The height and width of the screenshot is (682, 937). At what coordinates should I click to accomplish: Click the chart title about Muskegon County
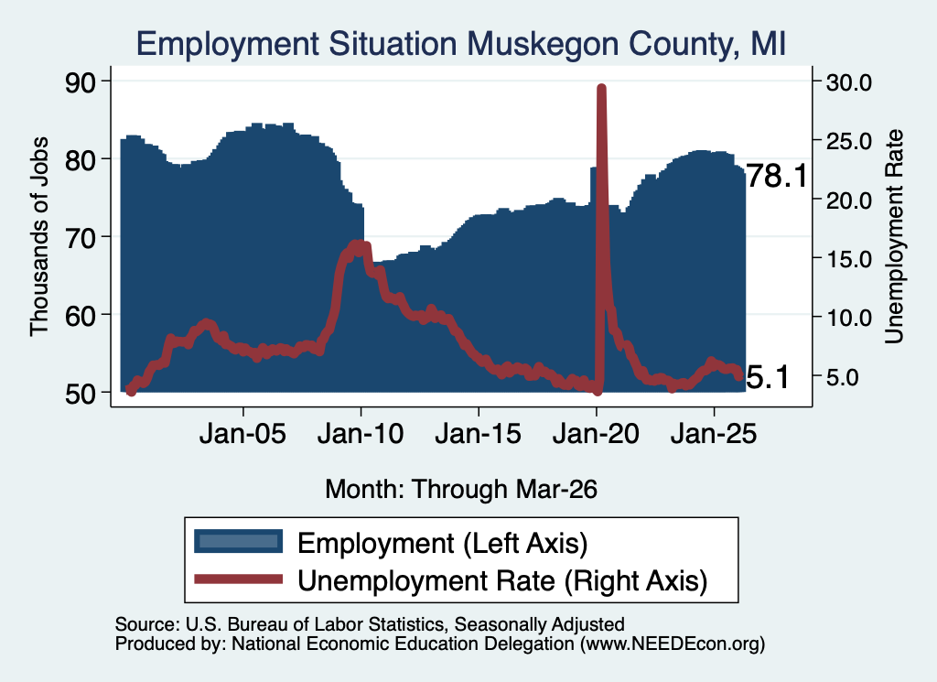[x=461, y=44]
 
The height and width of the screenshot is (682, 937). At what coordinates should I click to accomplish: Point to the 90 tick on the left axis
[x=80, y=81]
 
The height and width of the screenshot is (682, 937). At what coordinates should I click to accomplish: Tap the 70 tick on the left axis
[x=80, y=238]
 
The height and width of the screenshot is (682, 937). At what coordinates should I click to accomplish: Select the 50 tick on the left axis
[x=80, y=394]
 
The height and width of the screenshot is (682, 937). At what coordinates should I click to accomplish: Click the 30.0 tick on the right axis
[x=849, y=81]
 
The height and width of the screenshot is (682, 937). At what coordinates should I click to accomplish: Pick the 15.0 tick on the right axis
[x=849, y=259]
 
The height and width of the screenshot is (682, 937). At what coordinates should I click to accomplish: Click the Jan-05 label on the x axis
[x=242, y=433]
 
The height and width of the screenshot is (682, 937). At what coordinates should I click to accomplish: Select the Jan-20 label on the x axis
[x=596, y=433]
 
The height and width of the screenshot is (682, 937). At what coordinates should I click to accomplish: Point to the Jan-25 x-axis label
[x=714, y=433]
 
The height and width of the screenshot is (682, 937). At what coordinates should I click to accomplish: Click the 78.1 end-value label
[x=777, y=176]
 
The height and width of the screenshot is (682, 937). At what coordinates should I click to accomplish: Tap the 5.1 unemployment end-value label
[x=768, y=378]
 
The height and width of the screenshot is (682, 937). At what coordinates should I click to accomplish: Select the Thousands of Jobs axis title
[x=38, y=236]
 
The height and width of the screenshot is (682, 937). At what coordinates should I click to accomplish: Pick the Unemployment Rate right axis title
[x=893, y=236]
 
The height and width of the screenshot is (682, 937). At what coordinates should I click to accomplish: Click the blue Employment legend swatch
[x=239, y=541]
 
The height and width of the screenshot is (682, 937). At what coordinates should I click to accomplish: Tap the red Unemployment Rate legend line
[x=239, y=579]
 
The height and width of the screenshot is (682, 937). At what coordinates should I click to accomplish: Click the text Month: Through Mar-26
[x=461, y=489]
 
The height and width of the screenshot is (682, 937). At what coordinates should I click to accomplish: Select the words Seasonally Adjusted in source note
[x=539, y=624]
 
